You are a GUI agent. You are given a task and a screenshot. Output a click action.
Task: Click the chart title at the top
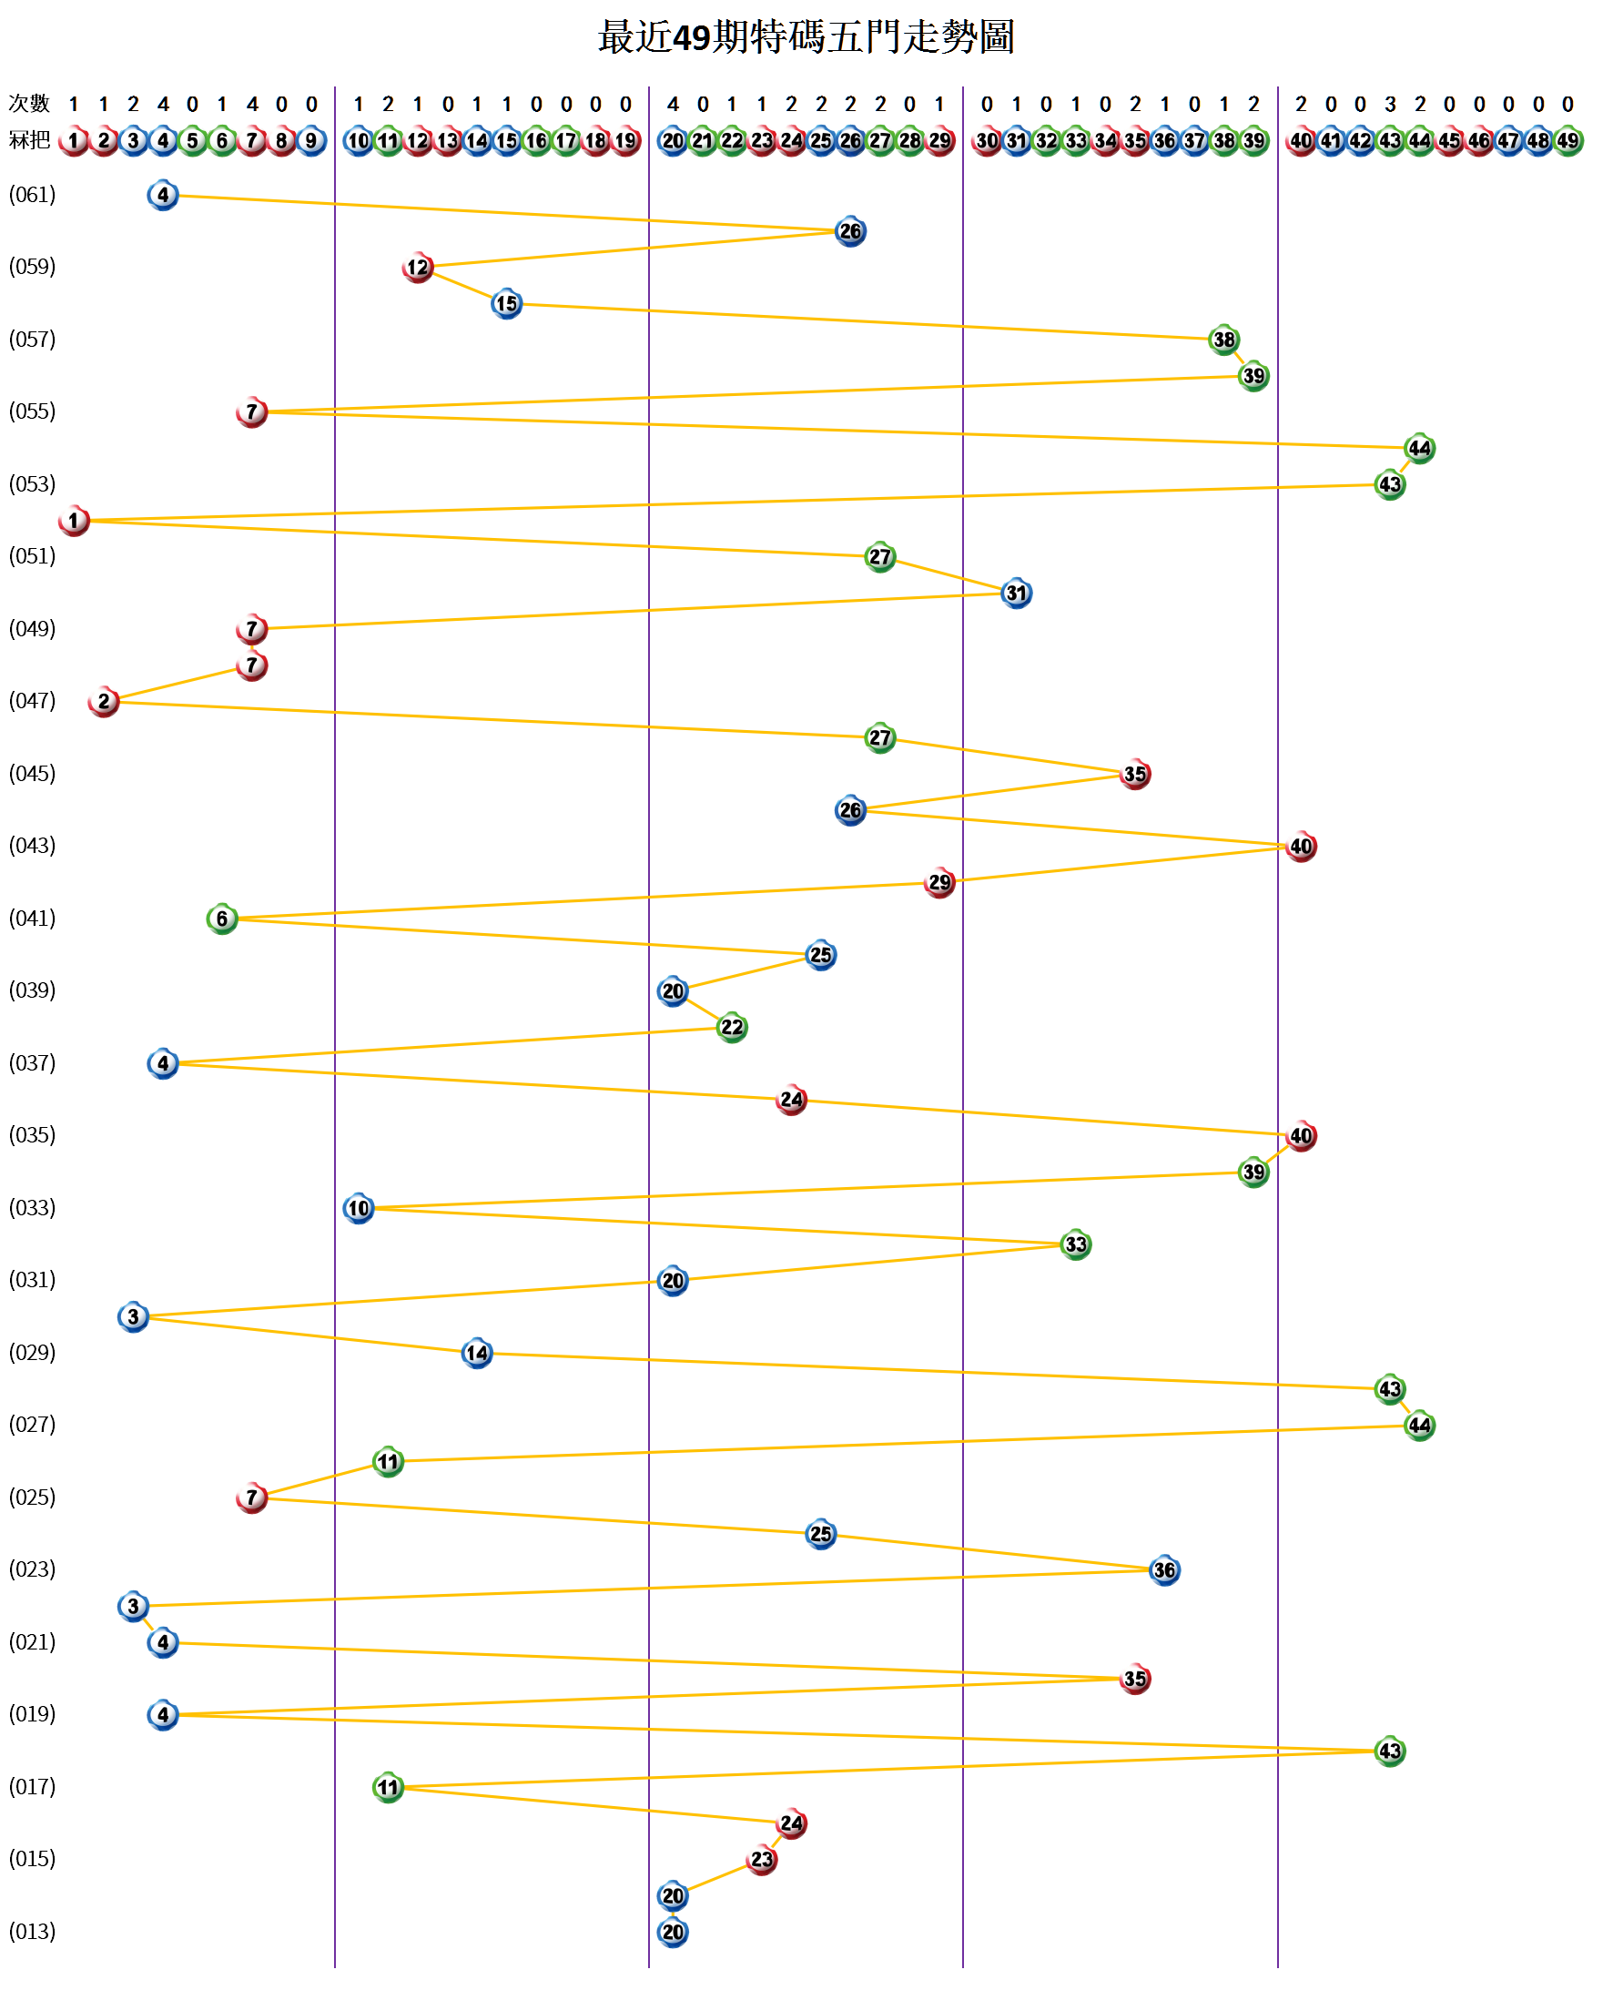coord(806,38)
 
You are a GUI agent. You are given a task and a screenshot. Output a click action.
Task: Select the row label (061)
coord(33,195)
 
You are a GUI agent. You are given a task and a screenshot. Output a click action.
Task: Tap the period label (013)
coord(33,1932)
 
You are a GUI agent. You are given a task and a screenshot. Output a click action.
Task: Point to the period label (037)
coord(33,1062)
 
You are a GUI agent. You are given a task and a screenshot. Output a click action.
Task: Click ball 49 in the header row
coord(1567,141)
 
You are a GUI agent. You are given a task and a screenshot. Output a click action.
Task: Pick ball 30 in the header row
coord(987,141)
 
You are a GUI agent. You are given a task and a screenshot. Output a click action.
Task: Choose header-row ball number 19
coord(626,141)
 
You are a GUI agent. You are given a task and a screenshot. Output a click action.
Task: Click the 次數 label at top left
coord(29,103)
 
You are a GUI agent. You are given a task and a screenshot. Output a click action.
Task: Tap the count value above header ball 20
coord(673,104)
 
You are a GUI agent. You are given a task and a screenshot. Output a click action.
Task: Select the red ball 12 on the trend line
coord(418,268)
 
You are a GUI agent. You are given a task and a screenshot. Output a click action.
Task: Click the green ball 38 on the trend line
coord(1224,340)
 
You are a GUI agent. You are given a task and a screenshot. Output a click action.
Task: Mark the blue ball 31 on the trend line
coord(1017,593)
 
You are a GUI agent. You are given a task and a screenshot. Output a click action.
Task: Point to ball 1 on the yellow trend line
coord(74,521)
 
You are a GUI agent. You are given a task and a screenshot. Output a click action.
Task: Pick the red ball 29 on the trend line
coord(939,883)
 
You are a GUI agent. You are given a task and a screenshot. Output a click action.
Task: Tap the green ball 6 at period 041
coord(222,919)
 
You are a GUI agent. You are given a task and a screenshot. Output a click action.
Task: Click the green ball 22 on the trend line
coord(732,1028)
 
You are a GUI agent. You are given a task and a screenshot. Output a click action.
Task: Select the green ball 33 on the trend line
coord(1076,1244)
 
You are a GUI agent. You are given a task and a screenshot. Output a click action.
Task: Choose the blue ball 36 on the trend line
coord(1164,1570)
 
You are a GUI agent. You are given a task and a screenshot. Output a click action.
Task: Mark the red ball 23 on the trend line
coord(762,1859)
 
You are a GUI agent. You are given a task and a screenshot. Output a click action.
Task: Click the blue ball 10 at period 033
coord(359,1208)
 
